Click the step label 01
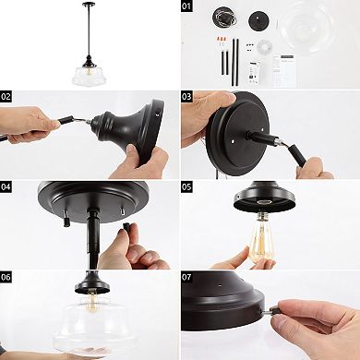[x=186, y=6]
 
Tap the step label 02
[x=6, y=97]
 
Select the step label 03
[x=186, y=97]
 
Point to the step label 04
[x=6, y=186]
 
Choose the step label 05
[x=186, y=186]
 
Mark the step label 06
[x=6, y=277]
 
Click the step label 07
[x=186, y=277]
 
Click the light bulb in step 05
[x=261, y=237]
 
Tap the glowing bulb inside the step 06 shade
[x=91, y=301]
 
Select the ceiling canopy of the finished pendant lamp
[x=89, y=4]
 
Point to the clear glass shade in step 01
[x=308, y=29]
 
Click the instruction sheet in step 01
[x=285, y=71]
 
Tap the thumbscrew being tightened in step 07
[x=271, y=310]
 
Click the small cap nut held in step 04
[x=126, y=227]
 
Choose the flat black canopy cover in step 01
[x=258, y=20]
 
